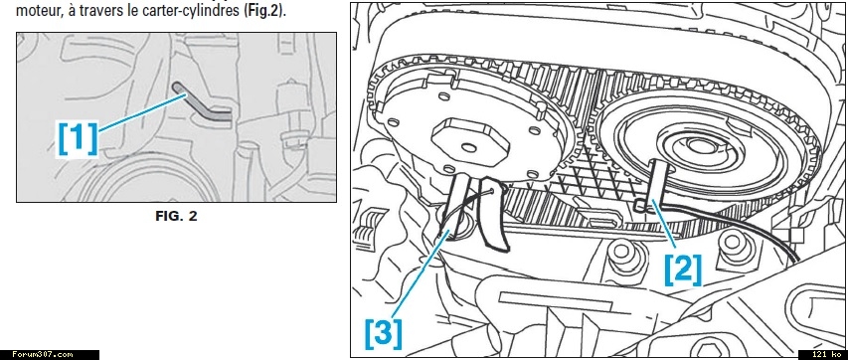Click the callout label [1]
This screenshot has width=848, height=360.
tap(78, 138)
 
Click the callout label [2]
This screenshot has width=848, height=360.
tap(683, 270)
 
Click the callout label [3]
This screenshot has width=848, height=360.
tap(384, 333)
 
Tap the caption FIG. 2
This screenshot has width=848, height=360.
tap(176, 217)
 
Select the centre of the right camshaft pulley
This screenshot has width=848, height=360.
tap(701, 144)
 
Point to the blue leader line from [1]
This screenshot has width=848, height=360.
tap(143, 112)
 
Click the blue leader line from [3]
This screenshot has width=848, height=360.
tap(421, 272)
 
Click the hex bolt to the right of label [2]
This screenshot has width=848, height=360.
tap(735, 247)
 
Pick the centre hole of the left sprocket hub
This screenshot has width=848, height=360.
tap(469, 148)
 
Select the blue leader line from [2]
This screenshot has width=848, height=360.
tap(666, 228)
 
